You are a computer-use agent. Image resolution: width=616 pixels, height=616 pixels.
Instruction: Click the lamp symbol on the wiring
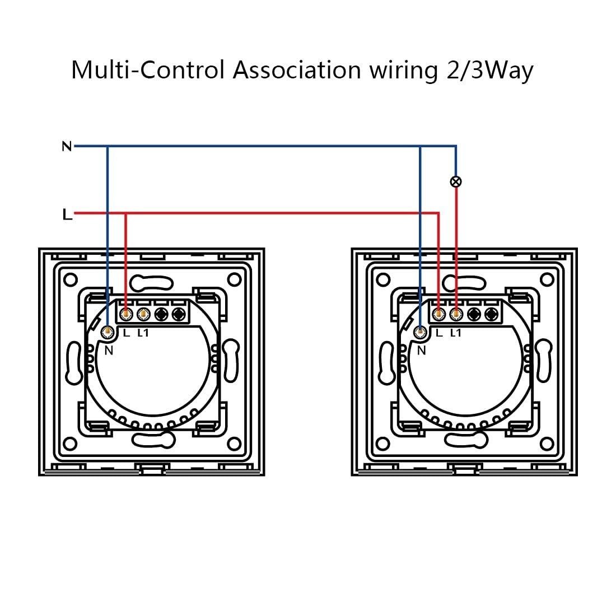point(456,181)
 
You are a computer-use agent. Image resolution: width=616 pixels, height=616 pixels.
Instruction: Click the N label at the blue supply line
point(67,147)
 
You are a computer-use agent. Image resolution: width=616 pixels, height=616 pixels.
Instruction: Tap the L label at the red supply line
point(67,214)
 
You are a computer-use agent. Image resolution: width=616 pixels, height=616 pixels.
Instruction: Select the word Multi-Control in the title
point(148,70)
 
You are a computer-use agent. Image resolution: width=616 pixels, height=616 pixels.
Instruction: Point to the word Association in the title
point(297,70)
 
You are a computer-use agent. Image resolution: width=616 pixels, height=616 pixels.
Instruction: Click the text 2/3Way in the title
point(490,71)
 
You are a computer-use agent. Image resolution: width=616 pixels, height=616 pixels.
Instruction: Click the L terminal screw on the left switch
point(125,314)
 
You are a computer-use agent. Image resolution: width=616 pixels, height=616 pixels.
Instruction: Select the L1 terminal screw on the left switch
point(144,314)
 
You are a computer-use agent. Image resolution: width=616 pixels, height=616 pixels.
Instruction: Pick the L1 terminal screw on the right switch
point(456,314)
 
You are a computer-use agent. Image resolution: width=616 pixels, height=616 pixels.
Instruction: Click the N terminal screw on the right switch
point(421,332)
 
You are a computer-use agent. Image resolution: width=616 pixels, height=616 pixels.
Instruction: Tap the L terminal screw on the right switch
point(438,314)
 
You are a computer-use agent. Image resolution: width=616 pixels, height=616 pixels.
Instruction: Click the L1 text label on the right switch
point(455,333)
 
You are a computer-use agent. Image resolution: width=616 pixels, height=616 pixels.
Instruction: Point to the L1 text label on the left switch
point(143,333)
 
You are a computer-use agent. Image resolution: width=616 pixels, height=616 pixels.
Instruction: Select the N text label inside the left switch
point(109,350)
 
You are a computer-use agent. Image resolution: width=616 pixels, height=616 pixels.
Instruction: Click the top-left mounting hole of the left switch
point(71,280)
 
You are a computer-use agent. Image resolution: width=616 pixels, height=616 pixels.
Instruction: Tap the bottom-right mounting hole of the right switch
point(547,444)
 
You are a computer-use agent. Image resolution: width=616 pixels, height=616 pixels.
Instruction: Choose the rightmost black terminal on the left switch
point(179,314)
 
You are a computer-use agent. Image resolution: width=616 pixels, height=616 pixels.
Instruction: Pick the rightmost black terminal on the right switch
point(492,314)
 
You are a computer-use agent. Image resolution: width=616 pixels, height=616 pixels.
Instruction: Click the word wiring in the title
point(403,71)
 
